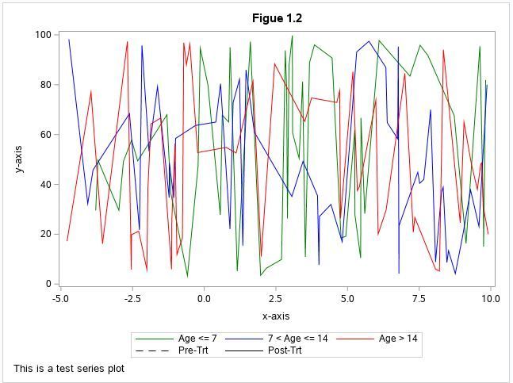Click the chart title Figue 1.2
277,18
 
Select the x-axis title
276,316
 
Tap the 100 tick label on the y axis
43,35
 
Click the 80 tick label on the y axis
45,85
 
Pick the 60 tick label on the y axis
45,135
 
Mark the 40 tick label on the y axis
45,185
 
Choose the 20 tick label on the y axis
45,234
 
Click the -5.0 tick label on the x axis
60,299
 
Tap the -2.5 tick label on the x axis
132,299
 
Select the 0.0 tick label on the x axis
204,299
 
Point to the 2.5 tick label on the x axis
276,299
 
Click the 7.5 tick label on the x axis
419,299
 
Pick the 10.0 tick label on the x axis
490,299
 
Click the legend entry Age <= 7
197,339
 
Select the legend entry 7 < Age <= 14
297,339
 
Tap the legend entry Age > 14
398,339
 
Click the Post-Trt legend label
285,350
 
